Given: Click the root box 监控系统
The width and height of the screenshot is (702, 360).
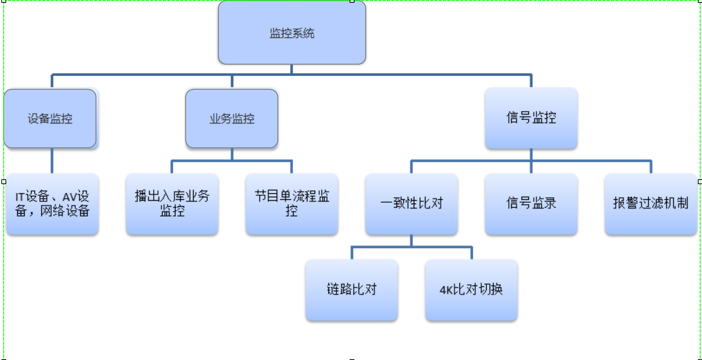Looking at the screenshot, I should tap(292, 33).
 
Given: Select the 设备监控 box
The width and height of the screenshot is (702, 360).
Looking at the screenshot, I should tap(50, 119).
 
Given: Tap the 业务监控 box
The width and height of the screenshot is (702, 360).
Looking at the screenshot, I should tap(232, 119).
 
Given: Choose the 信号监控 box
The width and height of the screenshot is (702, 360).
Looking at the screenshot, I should tap(531, 118).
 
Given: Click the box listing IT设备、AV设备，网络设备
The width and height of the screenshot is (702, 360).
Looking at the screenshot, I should tap(52, 204).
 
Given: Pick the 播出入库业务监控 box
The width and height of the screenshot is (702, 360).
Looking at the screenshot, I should tap(172, 203).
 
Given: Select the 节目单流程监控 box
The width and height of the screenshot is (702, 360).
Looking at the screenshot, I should tap(292, 203).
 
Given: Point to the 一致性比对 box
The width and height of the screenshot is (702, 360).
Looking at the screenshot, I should tap(412, 203).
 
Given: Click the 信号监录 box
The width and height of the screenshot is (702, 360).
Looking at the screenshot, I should tap(531, 203).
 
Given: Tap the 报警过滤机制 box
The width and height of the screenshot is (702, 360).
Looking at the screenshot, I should tap(650, 203).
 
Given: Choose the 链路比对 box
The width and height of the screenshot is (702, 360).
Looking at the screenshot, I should tap(352, 290).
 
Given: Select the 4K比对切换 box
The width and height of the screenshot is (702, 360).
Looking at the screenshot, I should tap(471, 290).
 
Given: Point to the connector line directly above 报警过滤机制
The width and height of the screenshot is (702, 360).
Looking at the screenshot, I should tap(650, 167).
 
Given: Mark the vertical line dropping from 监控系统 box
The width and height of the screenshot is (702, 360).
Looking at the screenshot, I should tap(292, 69).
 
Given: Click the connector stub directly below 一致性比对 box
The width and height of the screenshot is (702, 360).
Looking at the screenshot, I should tap(412, 240).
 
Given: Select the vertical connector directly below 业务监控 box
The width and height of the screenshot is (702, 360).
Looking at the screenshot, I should tap(232, 154).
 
